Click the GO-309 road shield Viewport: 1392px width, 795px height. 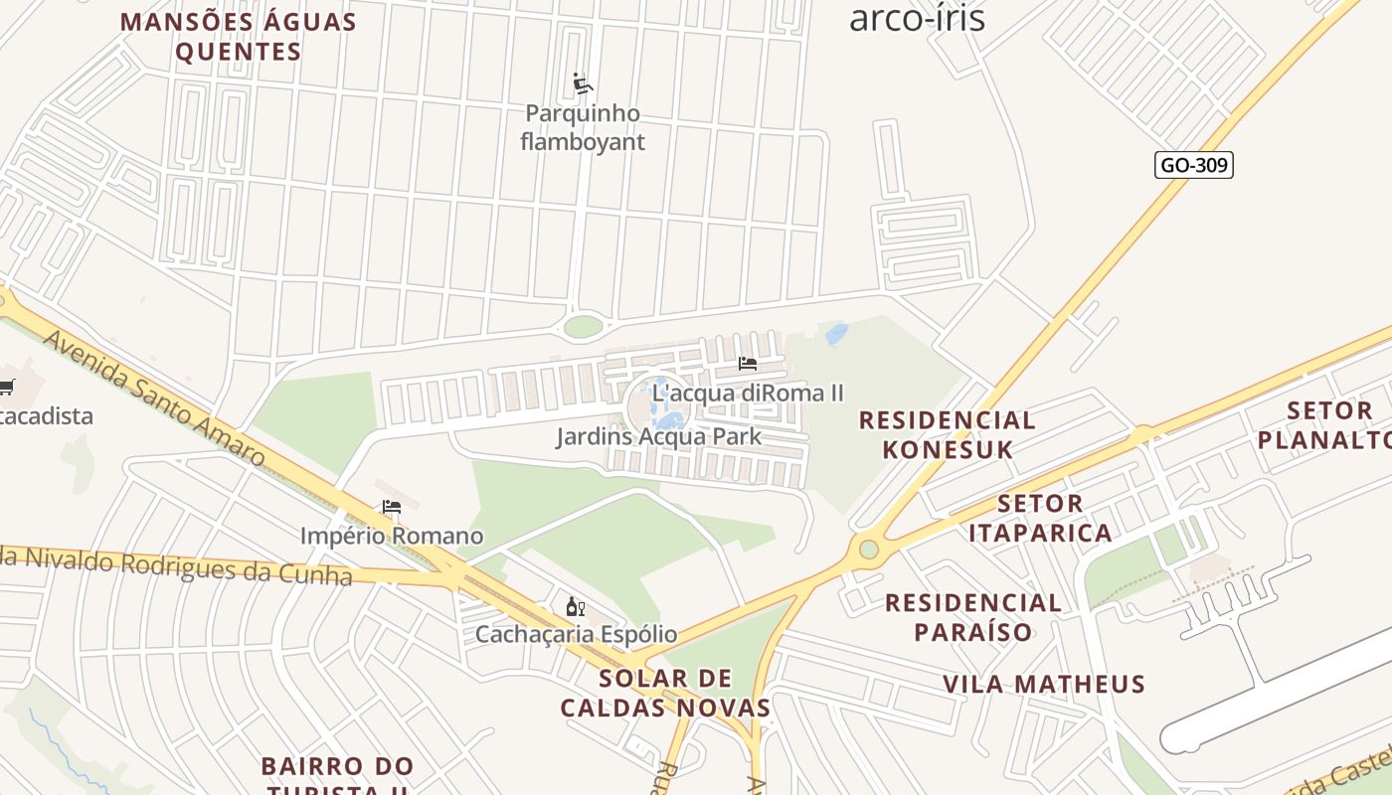1193,165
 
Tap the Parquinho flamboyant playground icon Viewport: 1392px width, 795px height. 583,83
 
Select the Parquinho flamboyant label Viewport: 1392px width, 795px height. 583,127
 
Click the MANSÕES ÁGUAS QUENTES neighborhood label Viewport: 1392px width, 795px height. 239,37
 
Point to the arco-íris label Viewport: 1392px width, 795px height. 917,17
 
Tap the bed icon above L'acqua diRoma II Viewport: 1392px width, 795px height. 748,364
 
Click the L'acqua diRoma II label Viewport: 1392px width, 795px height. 748,394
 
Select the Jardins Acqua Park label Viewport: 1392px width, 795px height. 658,436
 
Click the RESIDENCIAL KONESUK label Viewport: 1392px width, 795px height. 947,434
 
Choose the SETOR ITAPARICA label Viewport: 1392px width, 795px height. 1040,518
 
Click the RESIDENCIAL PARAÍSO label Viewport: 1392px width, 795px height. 973,616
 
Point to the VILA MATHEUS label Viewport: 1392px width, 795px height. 1044,684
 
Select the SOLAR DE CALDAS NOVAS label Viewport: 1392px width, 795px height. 665,694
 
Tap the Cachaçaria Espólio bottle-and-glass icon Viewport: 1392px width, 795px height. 575,606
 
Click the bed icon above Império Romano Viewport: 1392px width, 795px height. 392,507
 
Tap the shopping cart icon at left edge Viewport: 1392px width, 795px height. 6,387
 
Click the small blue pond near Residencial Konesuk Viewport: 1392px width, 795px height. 836,333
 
